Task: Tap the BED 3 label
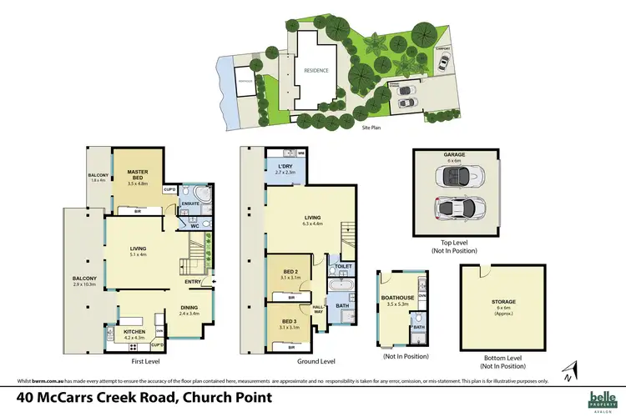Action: (x=289, y=321)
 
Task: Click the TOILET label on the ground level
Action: (x=342, y=267)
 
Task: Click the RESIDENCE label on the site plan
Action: (x=315, y=70)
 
